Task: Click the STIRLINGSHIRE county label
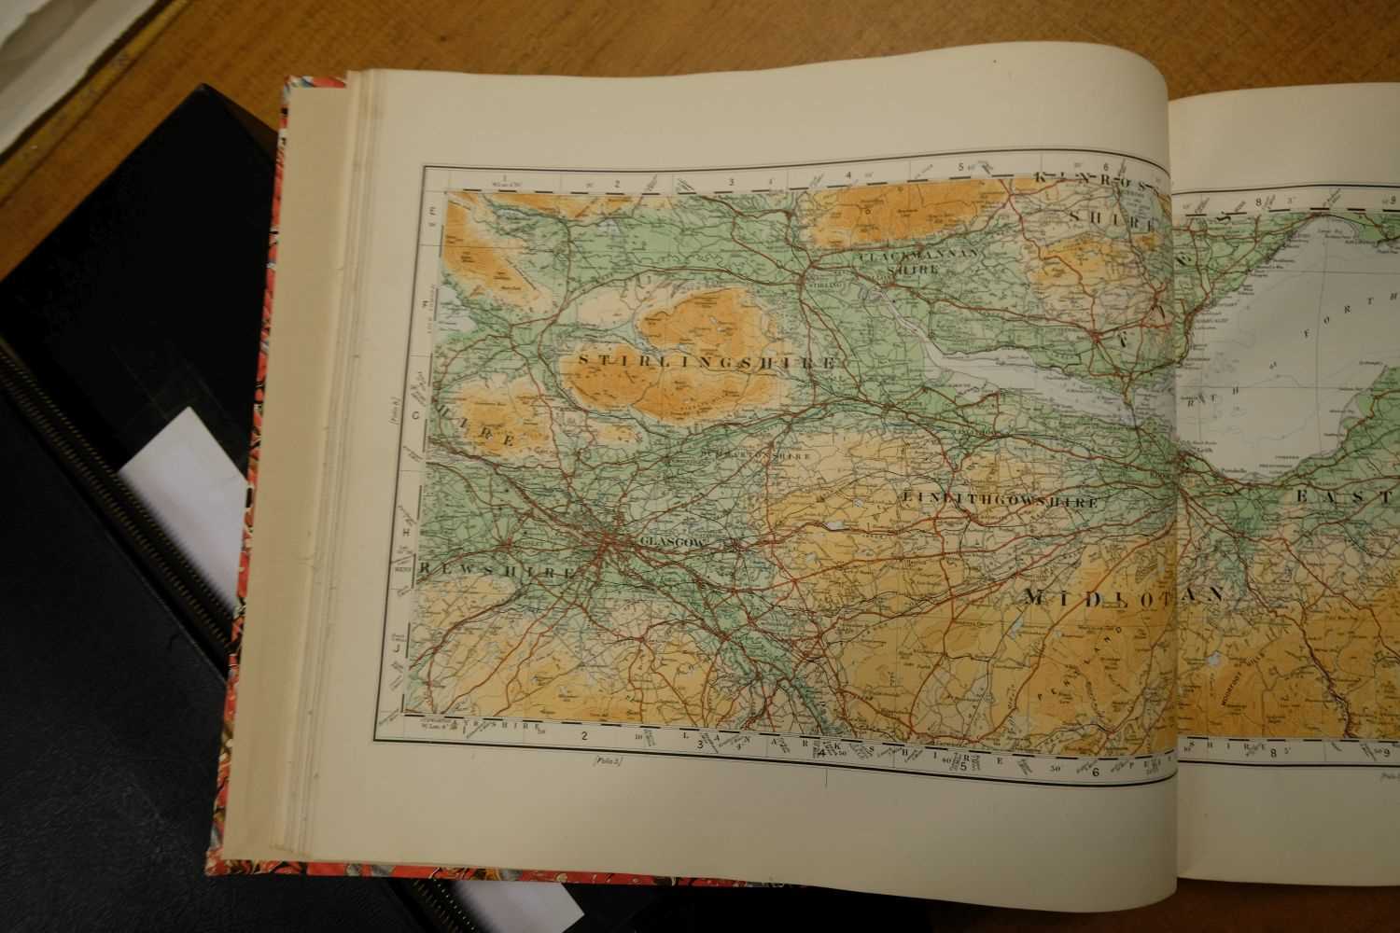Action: (x=706, y=359)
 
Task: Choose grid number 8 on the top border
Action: (x=1258, y=201)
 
